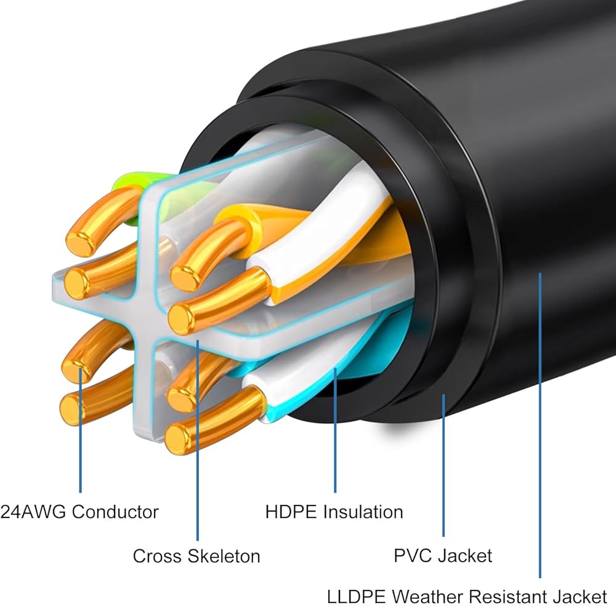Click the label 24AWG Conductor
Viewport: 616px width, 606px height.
[79, 512]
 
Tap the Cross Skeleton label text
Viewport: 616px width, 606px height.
[197, 556]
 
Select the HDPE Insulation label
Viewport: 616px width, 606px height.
[334, 512]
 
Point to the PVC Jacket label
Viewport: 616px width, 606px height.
[443, 556]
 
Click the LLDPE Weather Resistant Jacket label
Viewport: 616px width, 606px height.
[467, 596]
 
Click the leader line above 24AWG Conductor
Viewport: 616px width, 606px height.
[80, 431]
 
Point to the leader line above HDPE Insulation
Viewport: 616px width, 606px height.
[336, 431]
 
